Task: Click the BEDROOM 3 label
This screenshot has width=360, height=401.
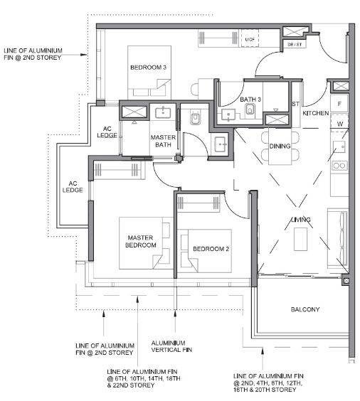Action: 148,68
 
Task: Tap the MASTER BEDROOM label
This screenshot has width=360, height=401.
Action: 140,242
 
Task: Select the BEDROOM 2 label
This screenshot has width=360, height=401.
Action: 211,249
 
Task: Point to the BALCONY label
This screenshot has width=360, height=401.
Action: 305,309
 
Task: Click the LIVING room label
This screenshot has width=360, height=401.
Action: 301,220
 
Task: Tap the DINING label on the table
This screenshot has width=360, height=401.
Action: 280,146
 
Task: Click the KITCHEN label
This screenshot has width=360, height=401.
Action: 315,113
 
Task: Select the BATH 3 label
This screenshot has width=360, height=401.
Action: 250,100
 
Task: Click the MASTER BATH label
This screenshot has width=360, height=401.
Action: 163,141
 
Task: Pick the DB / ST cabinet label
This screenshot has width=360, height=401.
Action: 295,45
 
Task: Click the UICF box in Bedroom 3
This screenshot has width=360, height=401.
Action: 250,39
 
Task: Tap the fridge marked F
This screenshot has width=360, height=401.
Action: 339,104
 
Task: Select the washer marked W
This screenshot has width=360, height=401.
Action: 339,123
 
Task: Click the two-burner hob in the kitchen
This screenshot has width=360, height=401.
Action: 339,166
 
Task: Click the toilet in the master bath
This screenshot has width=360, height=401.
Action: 196,118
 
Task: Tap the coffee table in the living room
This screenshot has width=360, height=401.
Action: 300,239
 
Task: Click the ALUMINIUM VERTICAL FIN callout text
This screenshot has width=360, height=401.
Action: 171,346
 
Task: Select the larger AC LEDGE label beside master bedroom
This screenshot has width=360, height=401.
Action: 73,187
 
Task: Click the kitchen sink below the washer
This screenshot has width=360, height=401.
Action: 339,146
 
